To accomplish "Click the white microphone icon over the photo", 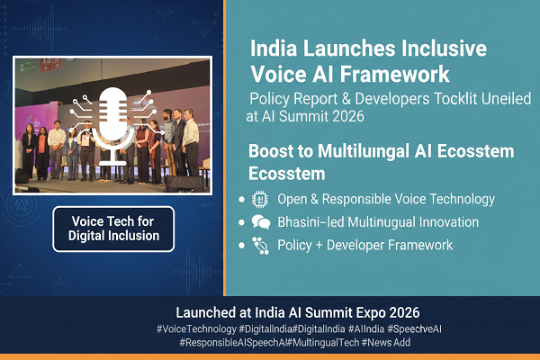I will coord(114,121).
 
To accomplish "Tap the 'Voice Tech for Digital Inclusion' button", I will coord(113,229).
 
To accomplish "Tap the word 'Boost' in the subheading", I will coord(274,150).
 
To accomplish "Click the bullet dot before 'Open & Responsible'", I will coord(239,199).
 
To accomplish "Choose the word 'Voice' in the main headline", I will coord(281,71).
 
